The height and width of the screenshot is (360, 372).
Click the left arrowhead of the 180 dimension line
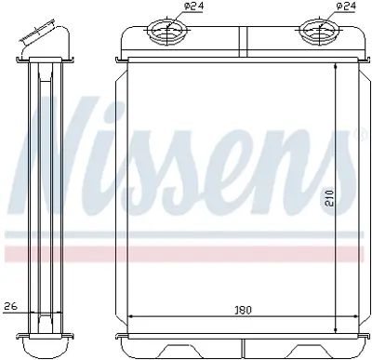point(130,317)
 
